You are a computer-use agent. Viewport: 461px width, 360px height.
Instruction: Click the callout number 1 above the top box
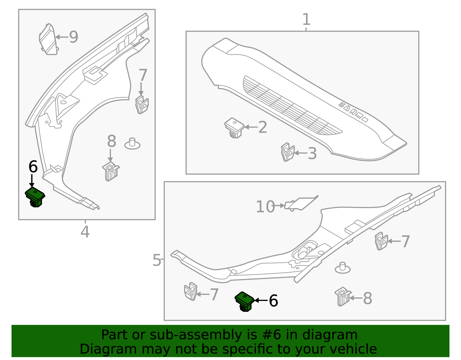tap(306, 20)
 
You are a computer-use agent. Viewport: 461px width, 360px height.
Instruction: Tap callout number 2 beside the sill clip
tap(262, 127)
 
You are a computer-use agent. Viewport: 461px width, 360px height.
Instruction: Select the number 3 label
tap(312, 153)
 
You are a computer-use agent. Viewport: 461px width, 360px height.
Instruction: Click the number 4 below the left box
tap(85, 232)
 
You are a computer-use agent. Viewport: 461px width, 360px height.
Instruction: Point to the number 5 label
tap(157, 260)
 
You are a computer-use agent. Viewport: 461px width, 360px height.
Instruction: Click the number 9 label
tap(73, 37)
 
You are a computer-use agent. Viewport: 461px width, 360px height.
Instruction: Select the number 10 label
tap(265, 207)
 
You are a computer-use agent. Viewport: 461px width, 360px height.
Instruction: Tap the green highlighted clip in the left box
tap(35, 197)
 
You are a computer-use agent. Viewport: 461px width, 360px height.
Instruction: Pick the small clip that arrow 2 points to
tap(234, 127)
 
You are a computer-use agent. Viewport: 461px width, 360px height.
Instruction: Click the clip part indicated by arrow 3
tap(287, 152)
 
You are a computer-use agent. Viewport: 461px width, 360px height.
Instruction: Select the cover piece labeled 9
tap(48, 39)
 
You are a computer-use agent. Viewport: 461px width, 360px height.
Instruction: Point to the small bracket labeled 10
tap(300, 203)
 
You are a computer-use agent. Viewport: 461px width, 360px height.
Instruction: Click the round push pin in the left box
tap(132, 144)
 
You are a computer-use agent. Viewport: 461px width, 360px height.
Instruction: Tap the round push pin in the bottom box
tap(343, 268)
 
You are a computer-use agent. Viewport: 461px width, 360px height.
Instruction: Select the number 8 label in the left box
tap(112, 142)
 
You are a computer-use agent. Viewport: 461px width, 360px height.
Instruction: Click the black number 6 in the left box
tap(33, 167)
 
